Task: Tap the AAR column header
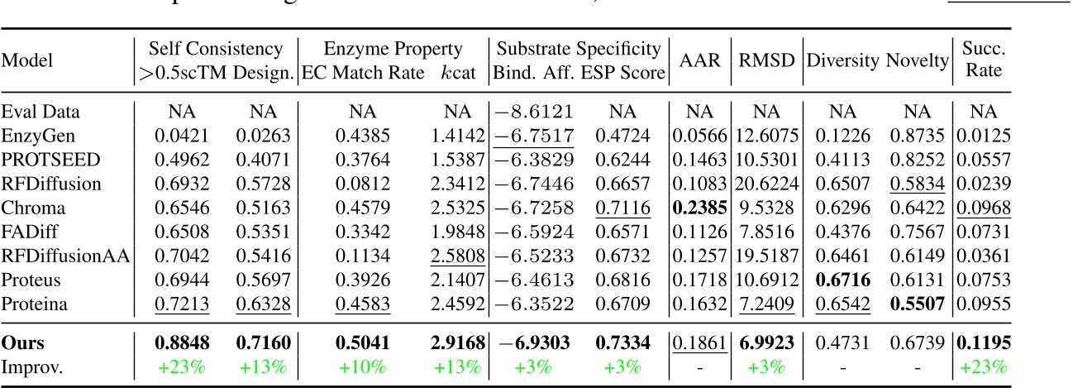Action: [699, 61]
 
